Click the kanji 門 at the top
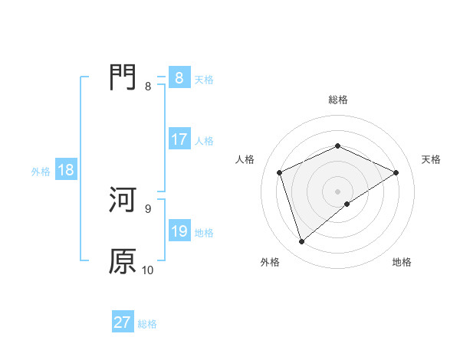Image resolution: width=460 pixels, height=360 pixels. pos(123,77)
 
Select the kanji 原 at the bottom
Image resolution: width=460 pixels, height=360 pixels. pos(123,261)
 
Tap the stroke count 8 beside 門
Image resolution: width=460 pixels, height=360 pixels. pos(148,87)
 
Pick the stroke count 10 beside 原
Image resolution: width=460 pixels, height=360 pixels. pos(148,270)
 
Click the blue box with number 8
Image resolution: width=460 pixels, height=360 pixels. pos(179,77)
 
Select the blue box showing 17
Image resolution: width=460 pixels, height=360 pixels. pos(179,139)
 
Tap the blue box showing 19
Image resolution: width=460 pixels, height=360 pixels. pos(179,231)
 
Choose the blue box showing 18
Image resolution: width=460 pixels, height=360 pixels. pos(66,170)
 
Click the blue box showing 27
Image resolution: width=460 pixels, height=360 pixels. pos(123,322)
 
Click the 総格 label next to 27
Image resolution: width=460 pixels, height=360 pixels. pos(147,324)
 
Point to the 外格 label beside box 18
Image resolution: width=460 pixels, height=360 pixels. pos(41,172)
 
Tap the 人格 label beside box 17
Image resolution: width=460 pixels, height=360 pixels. pos(204,141)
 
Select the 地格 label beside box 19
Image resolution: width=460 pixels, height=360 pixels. pos(204,233)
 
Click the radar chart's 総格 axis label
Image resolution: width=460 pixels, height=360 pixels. pos(337,100)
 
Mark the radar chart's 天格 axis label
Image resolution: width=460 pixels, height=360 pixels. pos(431,159)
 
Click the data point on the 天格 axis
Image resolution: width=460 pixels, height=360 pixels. pos(396,172)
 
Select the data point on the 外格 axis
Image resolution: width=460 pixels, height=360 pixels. pos(301,242)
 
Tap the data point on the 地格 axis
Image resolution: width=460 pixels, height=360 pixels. pos(347,204)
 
